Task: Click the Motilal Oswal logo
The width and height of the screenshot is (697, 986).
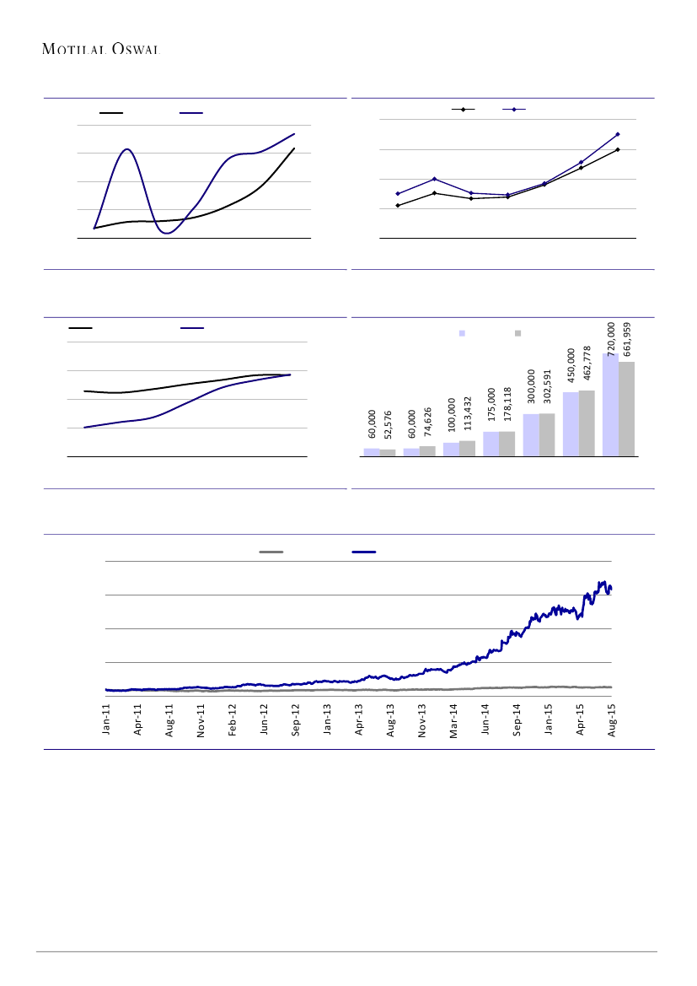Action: [101, 49]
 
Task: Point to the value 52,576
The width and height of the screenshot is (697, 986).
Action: [388, 424]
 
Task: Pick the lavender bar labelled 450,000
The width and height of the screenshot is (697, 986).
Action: [571, 423]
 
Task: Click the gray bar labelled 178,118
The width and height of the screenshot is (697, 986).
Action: [507, 444]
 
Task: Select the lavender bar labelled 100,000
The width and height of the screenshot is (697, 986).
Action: [451, 449]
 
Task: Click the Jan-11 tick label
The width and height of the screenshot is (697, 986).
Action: [107, 722]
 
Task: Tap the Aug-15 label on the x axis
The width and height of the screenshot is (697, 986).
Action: [612, 722]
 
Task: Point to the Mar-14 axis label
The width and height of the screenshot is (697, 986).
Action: [453, 722]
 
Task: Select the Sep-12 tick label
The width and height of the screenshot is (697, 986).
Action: [296, 722]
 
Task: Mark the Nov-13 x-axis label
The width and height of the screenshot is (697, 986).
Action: [422, 722]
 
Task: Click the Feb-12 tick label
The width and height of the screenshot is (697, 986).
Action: [233, 722]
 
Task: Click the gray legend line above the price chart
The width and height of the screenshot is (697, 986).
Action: [271, 552]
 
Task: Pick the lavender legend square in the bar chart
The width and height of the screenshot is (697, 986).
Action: [462, 333]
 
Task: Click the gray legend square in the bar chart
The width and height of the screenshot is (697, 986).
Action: [517, 333]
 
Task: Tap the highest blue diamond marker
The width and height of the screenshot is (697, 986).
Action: [618, 134]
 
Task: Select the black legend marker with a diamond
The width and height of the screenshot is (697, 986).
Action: [463, 110]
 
